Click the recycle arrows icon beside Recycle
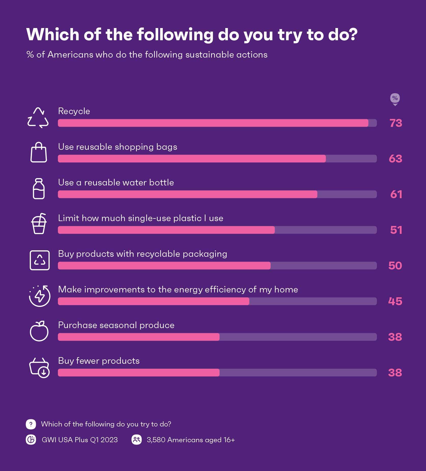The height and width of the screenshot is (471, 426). pyautogui.click(x=38, y=118)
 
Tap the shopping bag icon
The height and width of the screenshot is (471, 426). pyautogui.click(x=39, y=152)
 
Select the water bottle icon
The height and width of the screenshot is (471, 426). pyautogui.click(x=39, y=189)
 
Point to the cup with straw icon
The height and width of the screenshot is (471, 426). pyautogui.click(x=39, y=224)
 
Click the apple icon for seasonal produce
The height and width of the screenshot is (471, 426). pyautogui.click(x=39, y=331)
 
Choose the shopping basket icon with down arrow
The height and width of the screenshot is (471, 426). pyautogui.click(x=39, y=368)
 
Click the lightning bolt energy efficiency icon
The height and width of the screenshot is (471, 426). pyautogui.click(x=40, y=296)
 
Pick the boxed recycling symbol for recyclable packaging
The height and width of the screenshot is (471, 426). pyautogui.click(x=40, y=260)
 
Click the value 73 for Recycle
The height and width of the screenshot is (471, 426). pyautogui.click(x=396, y=123)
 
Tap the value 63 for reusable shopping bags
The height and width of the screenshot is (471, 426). pyautogui.click(x=395, y=159)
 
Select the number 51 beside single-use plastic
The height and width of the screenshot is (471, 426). pyautogui.click(x=396, y=230)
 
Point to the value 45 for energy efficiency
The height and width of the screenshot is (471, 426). pyautogui.click(x=395, y=301)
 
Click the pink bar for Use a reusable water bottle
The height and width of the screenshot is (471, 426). pyautogui.click(x=187, y=194)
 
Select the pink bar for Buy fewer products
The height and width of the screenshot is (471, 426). pyautogui.click(x=139, y=373)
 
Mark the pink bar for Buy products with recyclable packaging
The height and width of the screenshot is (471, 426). pyautogui.click(x=164, y=266)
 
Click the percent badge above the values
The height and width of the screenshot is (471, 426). pyautogui.click(x=395, y=98)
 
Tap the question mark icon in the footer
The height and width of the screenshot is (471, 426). pyautogui.click(x=31, y=424)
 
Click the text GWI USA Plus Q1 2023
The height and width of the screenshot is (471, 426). pyautogui.click(x=80, y=440)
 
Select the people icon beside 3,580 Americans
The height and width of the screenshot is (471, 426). pyautogui.click(x=137, y=440)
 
